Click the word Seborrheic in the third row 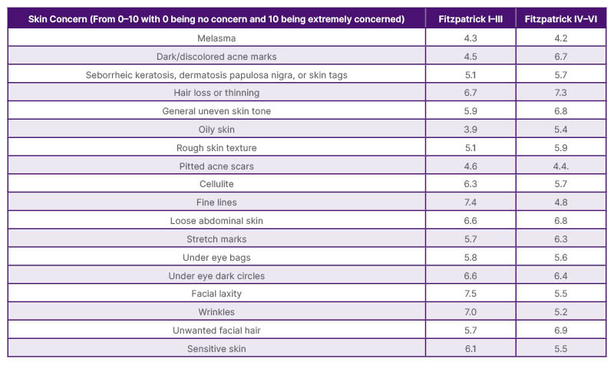click(113, 74)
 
